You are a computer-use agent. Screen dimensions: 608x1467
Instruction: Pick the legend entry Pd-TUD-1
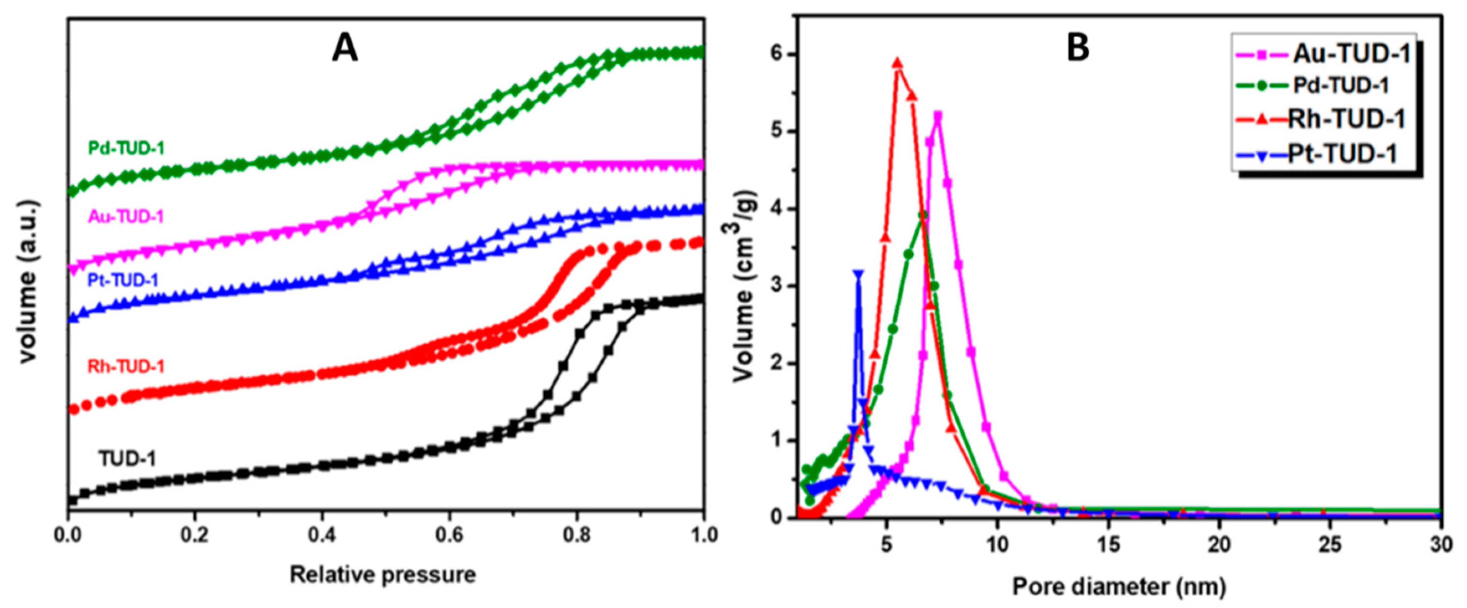(x=1341, y=85)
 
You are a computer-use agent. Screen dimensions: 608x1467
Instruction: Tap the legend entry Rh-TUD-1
(x=1346, y=119)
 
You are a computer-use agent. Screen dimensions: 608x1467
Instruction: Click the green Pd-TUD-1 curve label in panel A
(x=126, y=148)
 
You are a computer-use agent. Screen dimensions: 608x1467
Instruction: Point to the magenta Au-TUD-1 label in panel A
(x=126, y=217)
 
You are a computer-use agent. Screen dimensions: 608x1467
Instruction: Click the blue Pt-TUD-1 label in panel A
(x=123, y=280)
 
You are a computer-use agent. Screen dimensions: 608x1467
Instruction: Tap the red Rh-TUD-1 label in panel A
(x=126, y=366)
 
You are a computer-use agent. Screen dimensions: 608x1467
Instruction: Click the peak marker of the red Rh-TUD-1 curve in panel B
(x=898, y=63)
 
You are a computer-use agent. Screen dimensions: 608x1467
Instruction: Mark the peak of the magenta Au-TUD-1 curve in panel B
(x=937, y=116)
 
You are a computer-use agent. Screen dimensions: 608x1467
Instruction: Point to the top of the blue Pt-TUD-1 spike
(x=858, y=274)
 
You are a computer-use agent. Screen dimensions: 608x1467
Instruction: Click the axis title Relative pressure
(x=383, y=575)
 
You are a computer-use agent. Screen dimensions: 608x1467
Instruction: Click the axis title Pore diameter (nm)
(x=1119, y=586)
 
